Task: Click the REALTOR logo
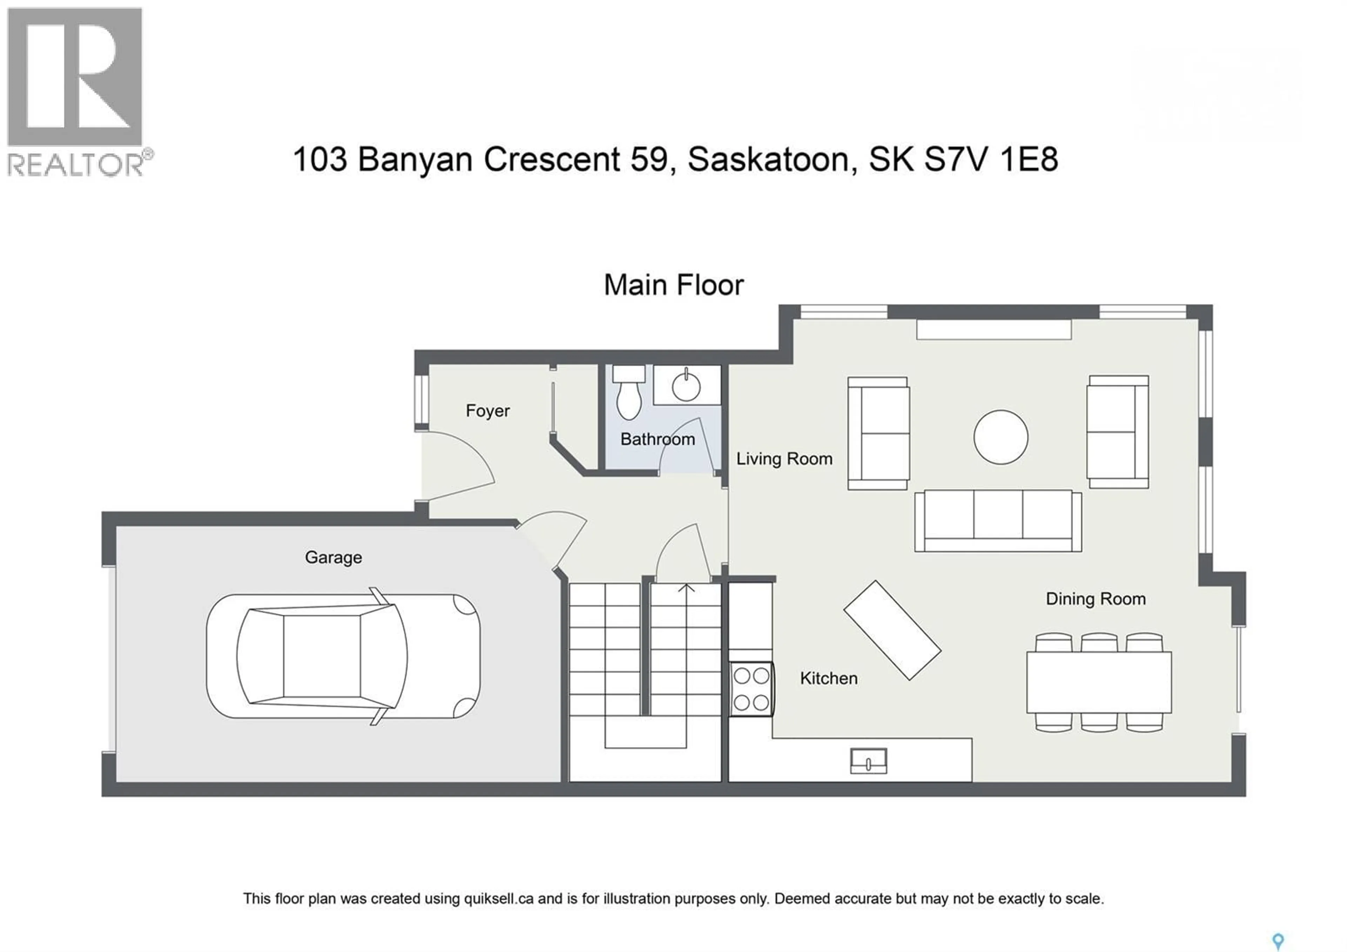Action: tap(75, 91)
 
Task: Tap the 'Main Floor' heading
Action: tap(673, 285)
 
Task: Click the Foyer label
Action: tap(488, 410)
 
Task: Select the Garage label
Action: tap(333, 557)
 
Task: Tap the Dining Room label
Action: tap(1095, 599)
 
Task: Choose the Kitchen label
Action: tap(829, 679)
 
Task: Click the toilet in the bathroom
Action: tap(628, 393)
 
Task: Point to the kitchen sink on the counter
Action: tap(868, 761)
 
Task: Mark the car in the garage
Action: tap(343, 656)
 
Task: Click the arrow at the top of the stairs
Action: tap(686, 588)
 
